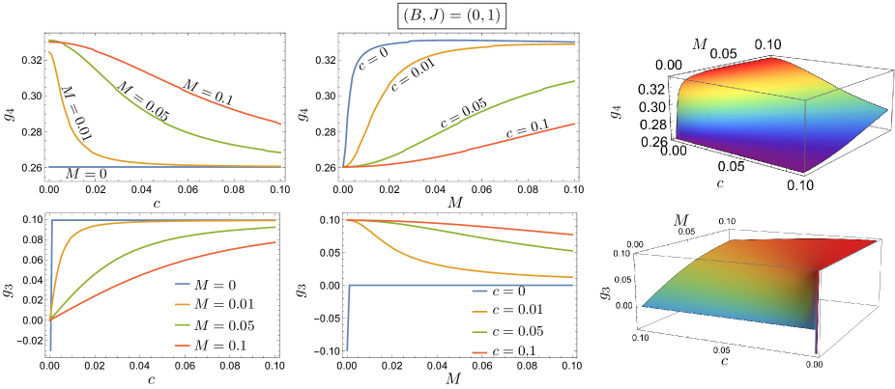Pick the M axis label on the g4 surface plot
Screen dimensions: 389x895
702,43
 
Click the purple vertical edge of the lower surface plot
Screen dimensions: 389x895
817,328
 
